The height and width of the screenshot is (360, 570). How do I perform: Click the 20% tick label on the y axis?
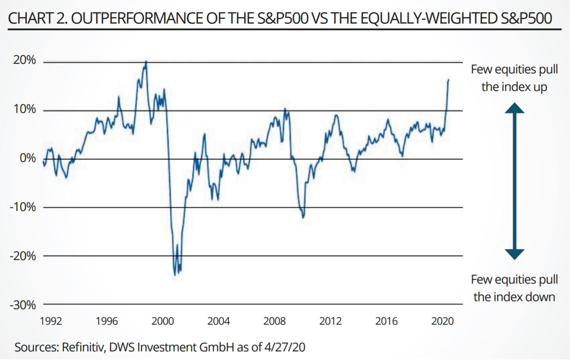pos(24,60)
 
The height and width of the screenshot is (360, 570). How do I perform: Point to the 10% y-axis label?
pos(24,109)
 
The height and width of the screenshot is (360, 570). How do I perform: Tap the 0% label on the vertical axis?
pos(28,158)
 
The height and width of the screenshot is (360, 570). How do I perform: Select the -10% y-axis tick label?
pos(23,207)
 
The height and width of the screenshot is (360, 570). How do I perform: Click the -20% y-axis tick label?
pos(23,256)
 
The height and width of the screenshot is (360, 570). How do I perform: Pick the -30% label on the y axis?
pos(23,305)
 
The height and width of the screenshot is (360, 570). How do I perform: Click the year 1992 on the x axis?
pos(51,321)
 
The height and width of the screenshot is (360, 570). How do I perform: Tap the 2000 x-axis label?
pos(162,321)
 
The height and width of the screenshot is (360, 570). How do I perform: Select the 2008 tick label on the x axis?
pos(274,321)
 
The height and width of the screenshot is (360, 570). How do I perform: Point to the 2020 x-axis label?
pos(442,321)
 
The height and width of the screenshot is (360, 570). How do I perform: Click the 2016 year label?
pos(386,321)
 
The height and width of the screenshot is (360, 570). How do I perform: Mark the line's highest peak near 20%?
pos(146,62)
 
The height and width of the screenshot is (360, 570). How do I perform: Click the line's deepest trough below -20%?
pos(175,275)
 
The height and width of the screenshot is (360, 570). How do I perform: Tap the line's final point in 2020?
pos(448,80)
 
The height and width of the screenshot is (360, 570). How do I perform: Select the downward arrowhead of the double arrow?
pos(514,254)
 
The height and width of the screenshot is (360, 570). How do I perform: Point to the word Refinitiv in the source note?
pos(83,347)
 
